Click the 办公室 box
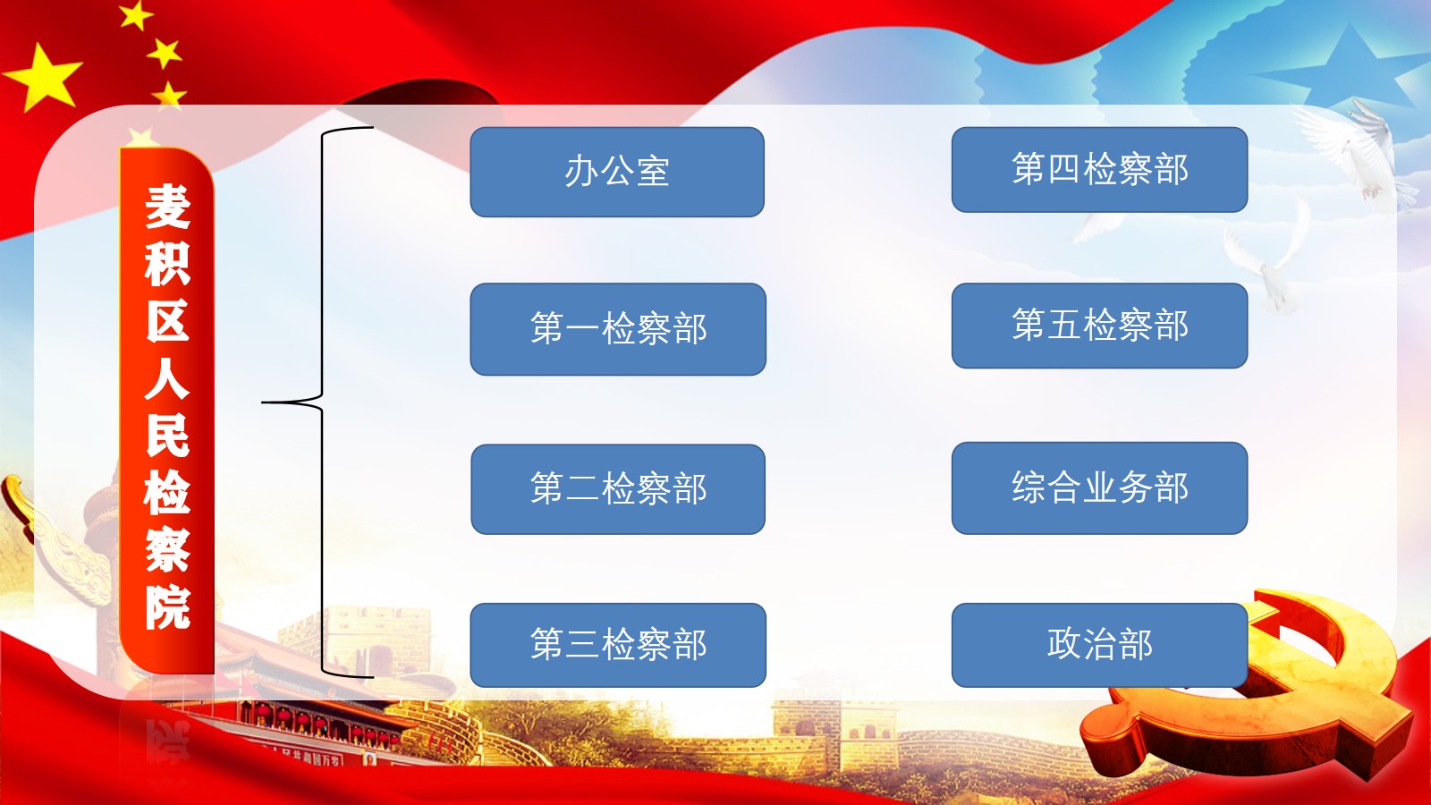[x=617, y=172]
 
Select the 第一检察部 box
[x=618, y=329]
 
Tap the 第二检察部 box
[x=618, y=489]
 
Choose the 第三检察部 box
[x=618, y=645]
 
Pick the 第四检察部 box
[x=1099, y=169]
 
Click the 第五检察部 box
[x=1099, y=326]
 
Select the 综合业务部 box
[x=1099, y=488]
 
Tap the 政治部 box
[x=1099, y=645]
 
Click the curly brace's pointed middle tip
[x=263, y=402]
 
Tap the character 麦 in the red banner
[x=167, y=207]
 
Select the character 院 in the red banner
[x=167, y=607]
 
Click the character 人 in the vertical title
[x=167, y=378]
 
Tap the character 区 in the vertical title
[x=167, y=321]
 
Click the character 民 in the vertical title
[x=167, y=436]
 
